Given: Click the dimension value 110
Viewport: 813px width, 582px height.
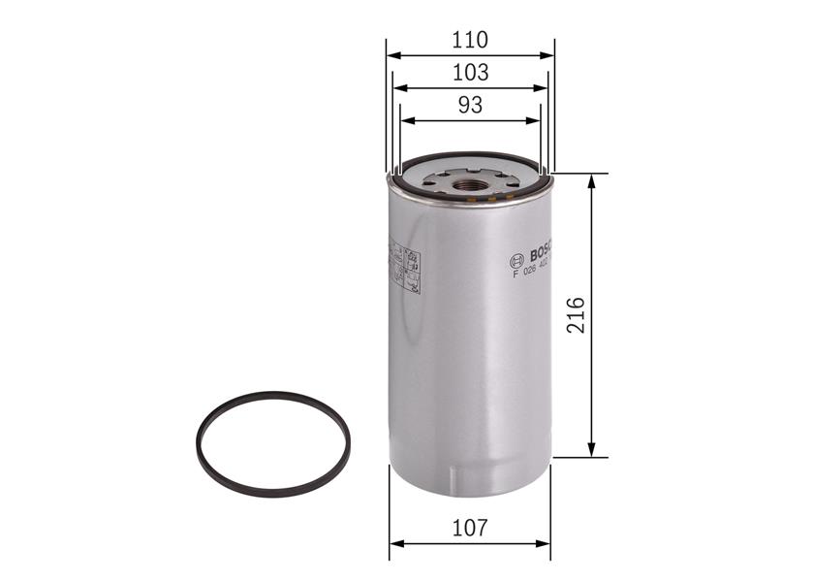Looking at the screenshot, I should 470,40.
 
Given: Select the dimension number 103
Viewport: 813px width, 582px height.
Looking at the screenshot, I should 470,72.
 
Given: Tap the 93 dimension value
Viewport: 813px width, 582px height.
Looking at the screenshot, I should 470,105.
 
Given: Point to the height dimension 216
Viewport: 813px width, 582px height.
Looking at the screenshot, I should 576,315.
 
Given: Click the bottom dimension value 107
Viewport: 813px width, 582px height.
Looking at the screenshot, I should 470,528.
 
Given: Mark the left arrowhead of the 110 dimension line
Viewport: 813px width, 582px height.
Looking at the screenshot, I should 391,55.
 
